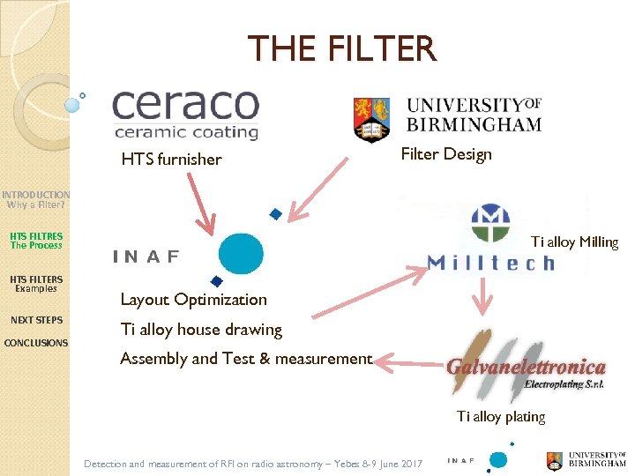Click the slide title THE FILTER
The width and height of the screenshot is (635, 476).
(341, 48)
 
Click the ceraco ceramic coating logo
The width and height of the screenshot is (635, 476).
(185, 114)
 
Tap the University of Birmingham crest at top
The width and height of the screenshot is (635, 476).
(370, 119)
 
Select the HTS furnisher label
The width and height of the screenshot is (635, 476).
(171, 160)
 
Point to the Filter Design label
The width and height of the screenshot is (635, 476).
(445, 154)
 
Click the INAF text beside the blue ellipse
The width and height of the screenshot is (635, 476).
(146, 257)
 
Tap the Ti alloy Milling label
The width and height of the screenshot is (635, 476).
(574, 242)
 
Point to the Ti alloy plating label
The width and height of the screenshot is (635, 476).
(501, 416)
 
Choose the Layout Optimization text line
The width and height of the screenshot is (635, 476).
(193, 300)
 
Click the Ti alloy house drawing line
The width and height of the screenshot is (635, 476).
(201, 330)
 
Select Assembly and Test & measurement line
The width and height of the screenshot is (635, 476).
(246, 359)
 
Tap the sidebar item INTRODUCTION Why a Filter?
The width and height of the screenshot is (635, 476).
(35, 199)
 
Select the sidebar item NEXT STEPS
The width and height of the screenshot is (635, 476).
(36, 320)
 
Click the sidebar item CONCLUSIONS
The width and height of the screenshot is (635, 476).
(36, 343)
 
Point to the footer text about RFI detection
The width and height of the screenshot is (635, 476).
(253, 464)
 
